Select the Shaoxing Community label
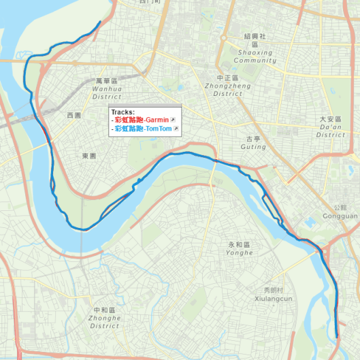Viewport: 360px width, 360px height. coord(255,56)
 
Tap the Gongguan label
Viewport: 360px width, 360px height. coord(342,216)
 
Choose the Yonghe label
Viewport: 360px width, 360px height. coord(240,252)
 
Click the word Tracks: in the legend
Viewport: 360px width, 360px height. coord(123,112)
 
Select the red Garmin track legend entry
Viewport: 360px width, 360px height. coord(142,120)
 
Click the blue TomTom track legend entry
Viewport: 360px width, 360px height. coord(142,129)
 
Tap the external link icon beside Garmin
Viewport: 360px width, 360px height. coord(173,120)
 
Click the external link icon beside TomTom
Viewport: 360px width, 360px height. coord(176,129)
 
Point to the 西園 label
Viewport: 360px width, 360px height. coord(73,116)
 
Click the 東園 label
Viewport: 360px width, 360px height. coord(89,156)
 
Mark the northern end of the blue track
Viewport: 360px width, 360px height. coord(101,22)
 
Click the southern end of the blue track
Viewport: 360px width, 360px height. coord(337,336)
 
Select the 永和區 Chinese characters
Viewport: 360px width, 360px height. coord(240,244)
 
